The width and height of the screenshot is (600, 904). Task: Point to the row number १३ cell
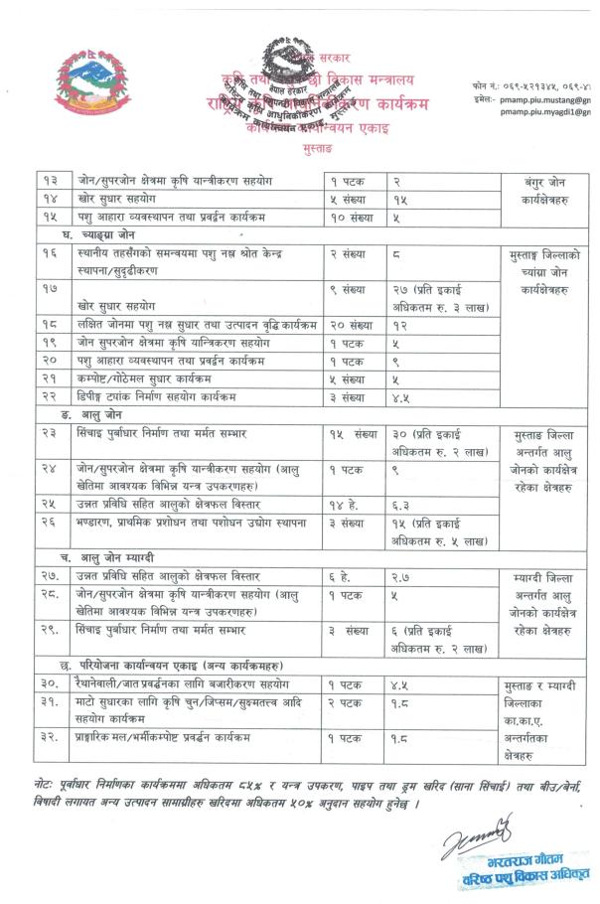tap(50, 181)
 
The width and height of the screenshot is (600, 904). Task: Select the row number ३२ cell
tap(51, 736)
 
